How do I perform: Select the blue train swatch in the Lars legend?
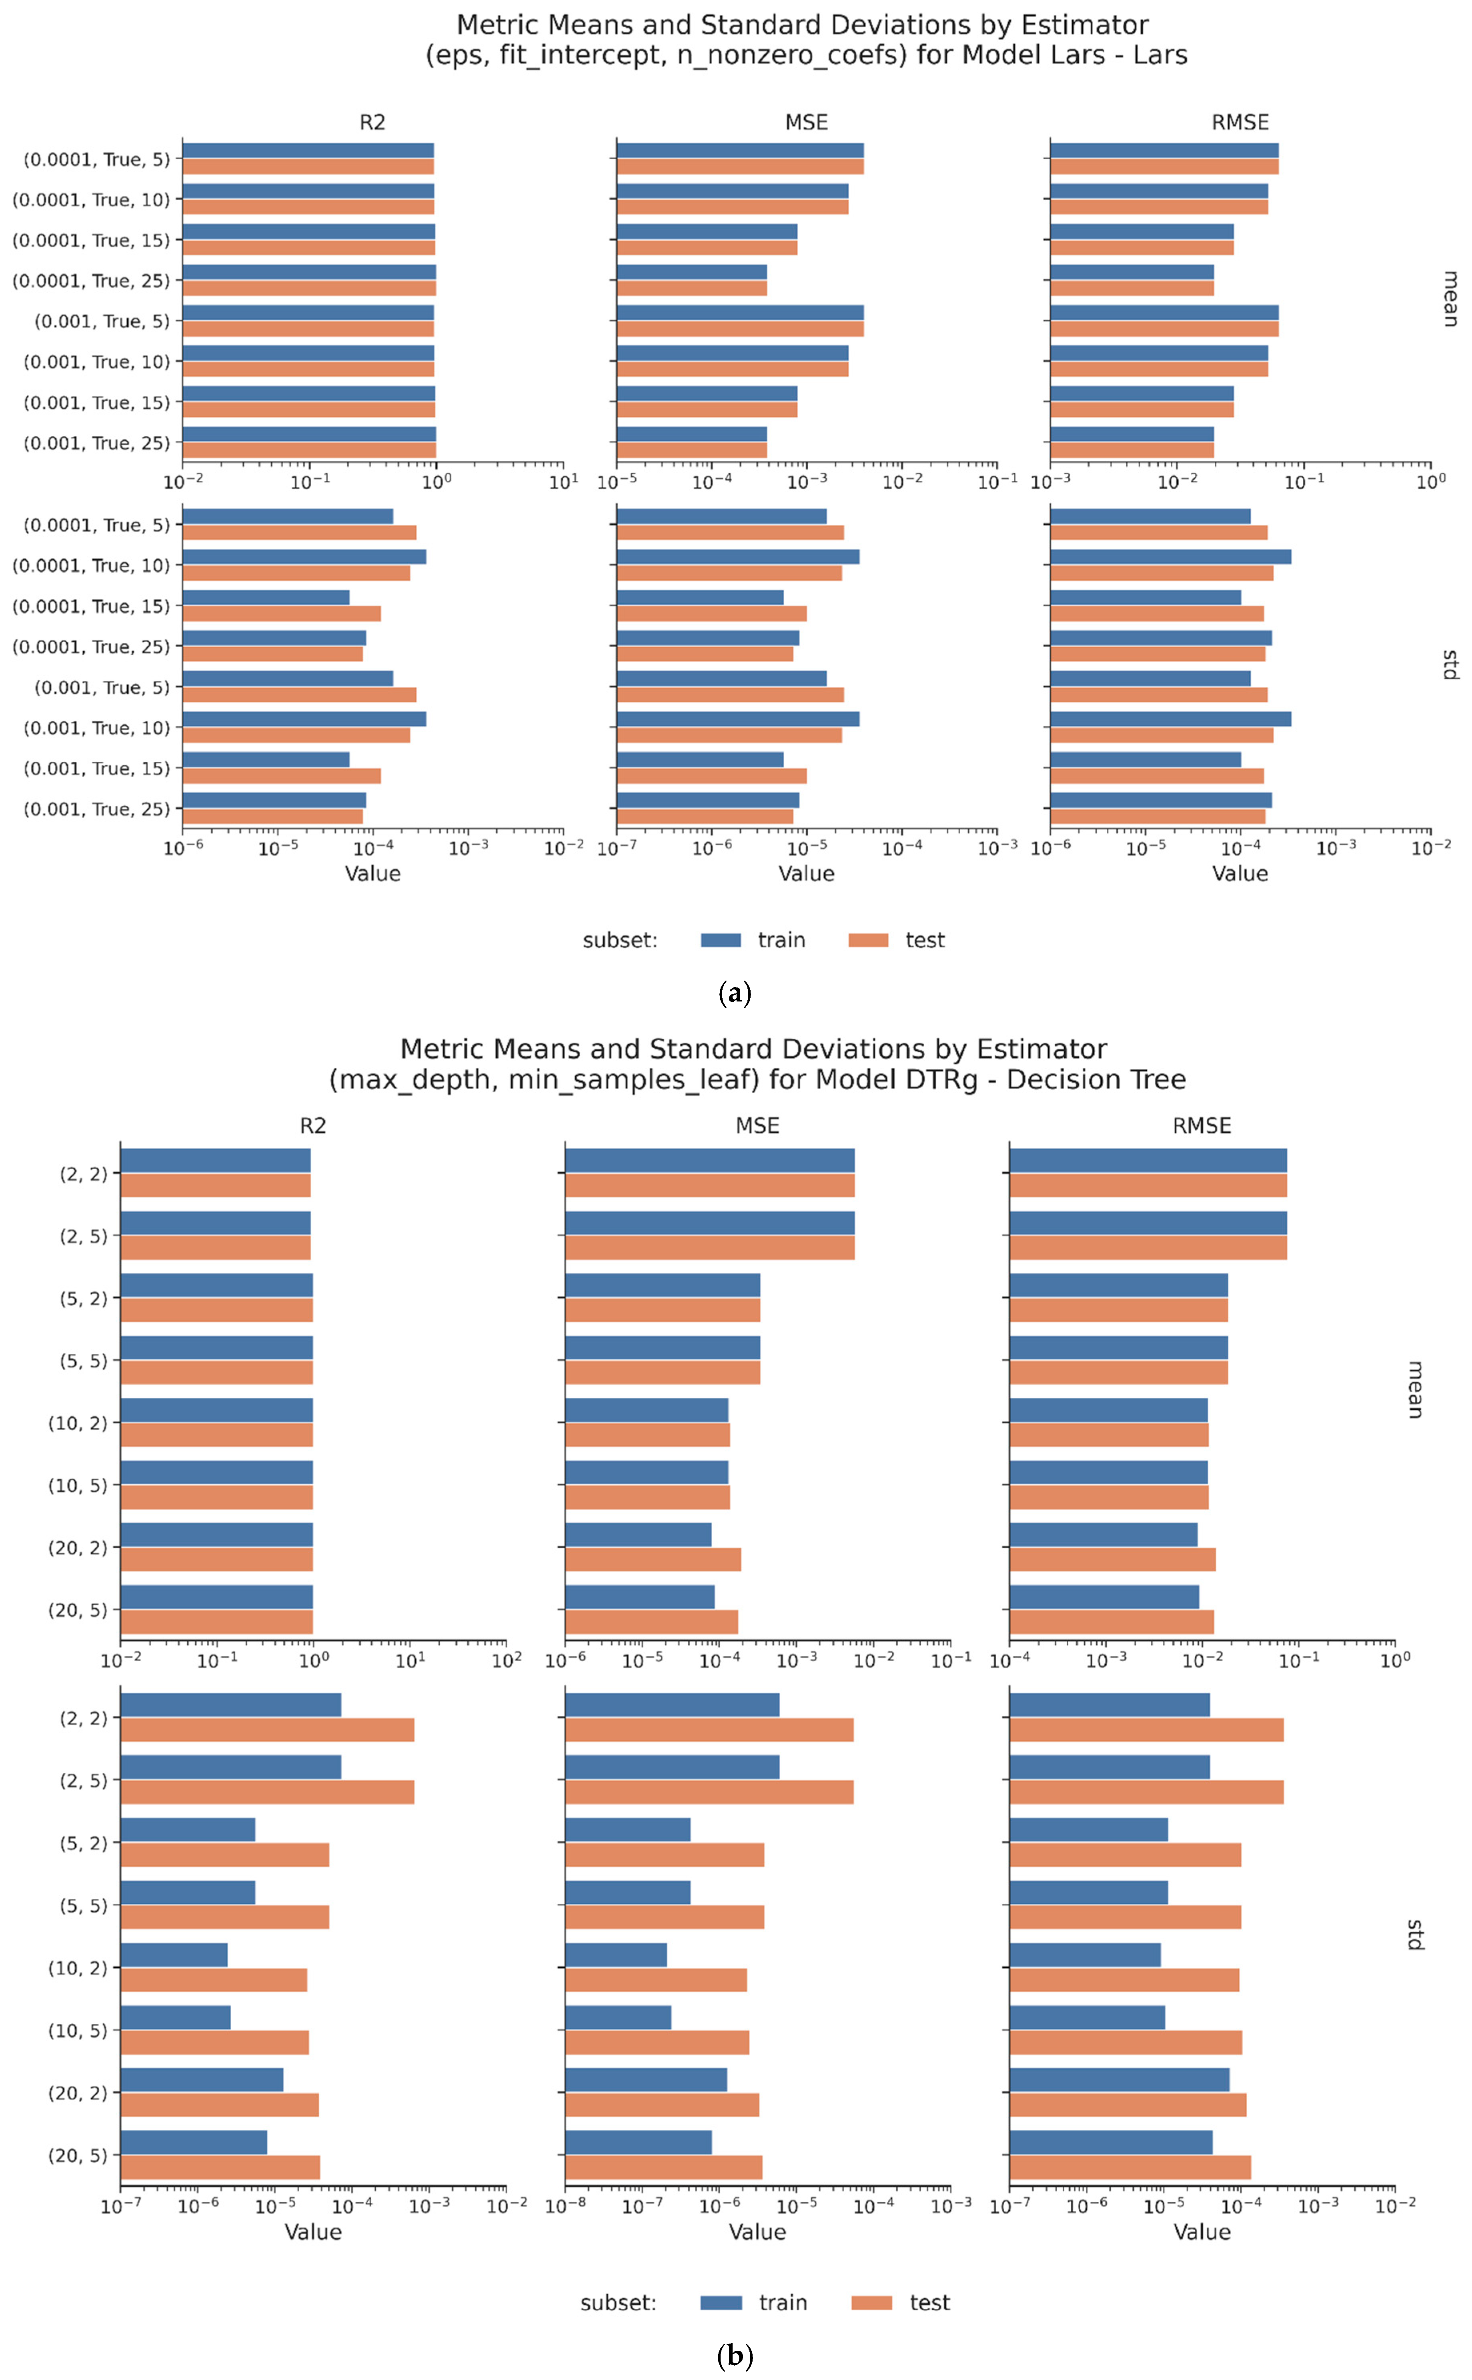pos(721,940)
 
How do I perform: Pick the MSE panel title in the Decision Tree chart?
pos(757,1126)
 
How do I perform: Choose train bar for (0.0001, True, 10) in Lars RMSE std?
pos(1170,557)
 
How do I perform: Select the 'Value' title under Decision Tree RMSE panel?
pos(1202,2232)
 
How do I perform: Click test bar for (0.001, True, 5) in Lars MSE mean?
pos(740,329)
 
